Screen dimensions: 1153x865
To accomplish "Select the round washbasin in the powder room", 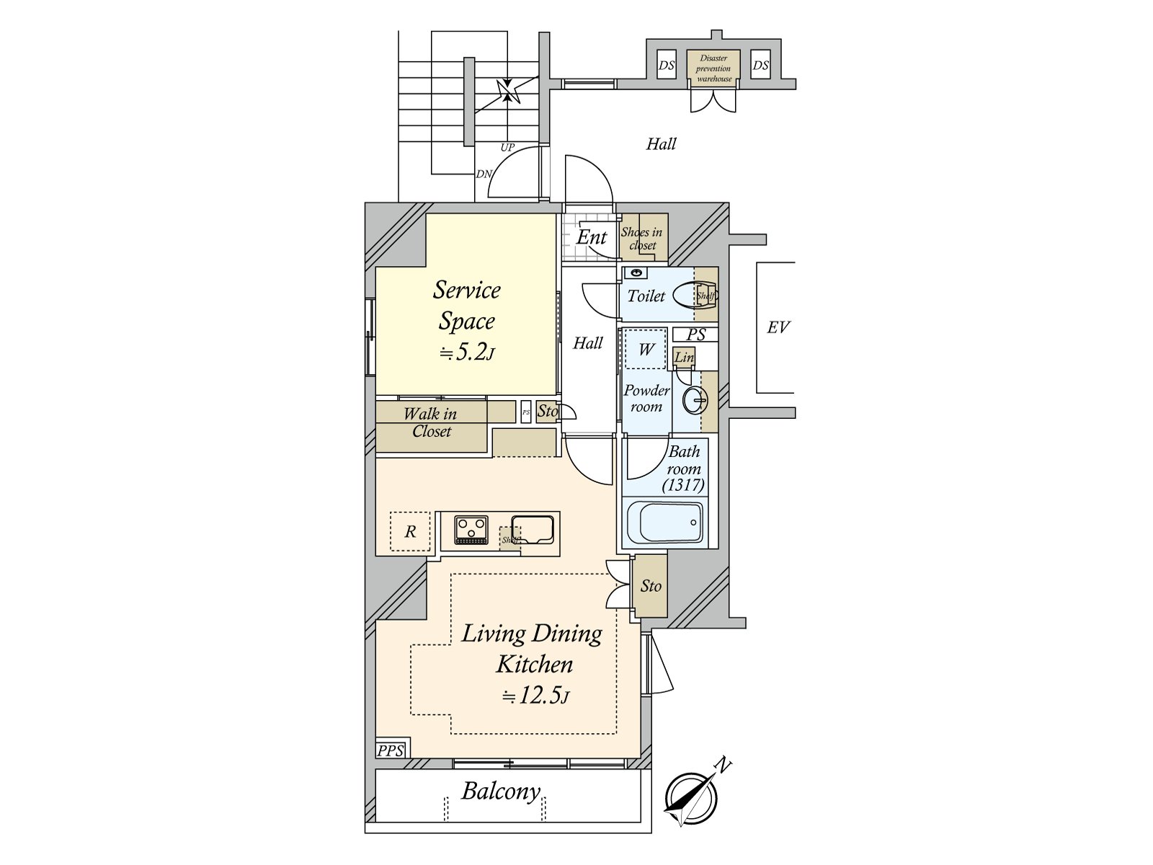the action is pyautogui.click(x=695, y=401).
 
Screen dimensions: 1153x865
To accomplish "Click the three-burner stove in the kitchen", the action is pyautogui.click(x=471, y=530).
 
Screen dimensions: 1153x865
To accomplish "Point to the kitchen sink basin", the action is pyautogui.click(x=533, y=528).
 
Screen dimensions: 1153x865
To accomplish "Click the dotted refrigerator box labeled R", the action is pyautogui.click(x=410, y=531).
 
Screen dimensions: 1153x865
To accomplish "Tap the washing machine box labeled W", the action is pyautogui.click(x=646, y=350).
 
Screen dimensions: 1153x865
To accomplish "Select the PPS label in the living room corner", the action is pyautogui.click(x=391, y=750).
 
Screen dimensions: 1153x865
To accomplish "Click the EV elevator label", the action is pyautogui.click(x=778, y=327).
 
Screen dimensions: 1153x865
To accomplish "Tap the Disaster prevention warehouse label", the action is pyautogui.click(x=713, y=68).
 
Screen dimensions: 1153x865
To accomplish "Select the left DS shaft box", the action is pyautogui.click(x=667, y=65).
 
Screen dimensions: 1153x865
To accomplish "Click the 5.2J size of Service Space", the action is pyautogui.click(x=466, y=352).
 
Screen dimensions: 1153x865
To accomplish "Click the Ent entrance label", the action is pyautogui.click(x=592, y=237).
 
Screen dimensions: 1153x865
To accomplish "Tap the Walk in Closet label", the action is pyautogui.click(x=431, y=422).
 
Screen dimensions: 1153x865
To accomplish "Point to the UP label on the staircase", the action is pyautogui.click(x=507, y=147).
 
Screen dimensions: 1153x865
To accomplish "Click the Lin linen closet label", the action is pyautogui.click(x=684, y=357).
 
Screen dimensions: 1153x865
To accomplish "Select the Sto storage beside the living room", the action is pyautogui.click(x=650, y=585).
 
